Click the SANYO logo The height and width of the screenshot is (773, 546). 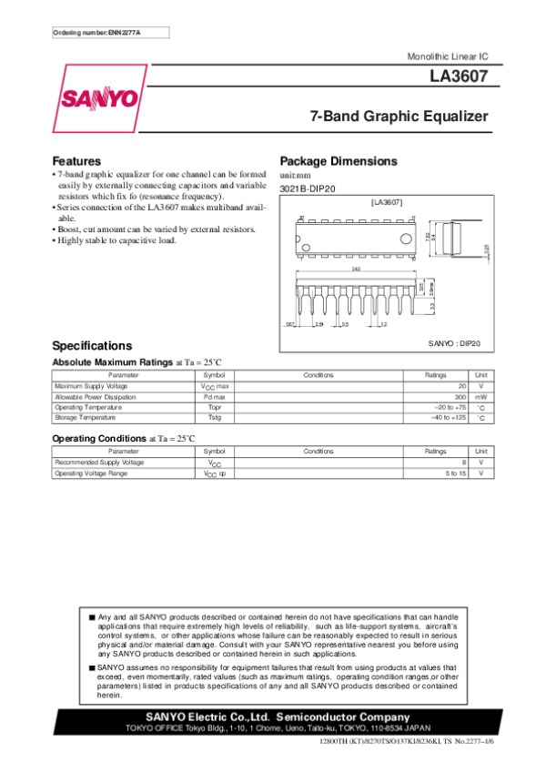[x=99, y=99]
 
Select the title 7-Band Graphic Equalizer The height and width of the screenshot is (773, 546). [x=399, y=117]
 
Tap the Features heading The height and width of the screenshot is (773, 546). [x=76, y=161]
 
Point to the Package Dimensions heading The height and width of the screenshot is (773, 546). [x=339, y=161]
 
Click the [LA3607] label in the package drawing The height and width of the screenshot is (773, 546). [x=387, y=200]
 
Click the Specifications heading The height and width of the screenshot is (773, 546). [x=93, y=346]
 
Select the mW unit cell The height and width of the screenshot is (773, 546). [x=481, y=397]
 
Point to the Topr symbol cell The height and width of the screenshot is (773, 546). [x=215, y=407]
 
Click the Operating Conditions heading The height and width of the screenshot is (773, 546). [x=100, y=439]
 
